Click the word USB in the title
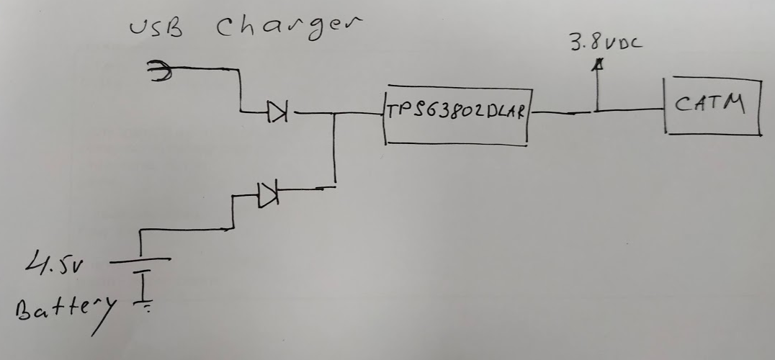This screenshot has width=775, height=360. pos(156,29)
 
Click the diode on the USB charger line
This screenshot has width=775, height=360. pos(277,112)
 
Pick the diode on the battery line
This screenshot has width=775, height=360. pos(267,192)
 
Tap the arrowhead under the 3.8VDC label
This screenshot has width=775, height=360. pos(596,66)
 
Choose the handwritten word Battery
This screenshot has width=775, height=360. pos(62,311)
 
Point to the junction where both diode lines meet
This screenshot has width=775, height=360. pos(334,112)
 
